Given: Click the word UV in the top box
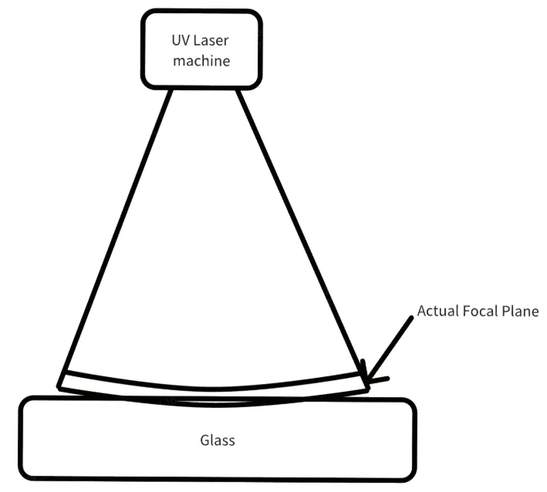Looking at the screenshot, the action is pos(181,41).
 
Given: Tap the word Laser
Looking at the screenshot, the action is pos(211,41).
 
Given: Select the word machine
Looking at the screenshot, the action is pos(201,61).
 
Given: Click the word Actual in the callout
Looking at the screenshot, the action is pos(437,311).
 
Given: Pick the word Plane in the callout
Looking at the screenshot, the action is pos(520,311).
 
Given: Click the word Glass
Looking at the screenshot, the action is pos(218,440).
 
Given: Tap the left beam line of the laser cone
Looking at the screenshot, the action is pos(115,238).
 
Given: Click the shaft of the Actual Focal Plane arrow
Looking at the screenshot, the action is pos(390,348).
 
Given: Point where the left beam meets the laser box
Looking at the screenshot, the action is pos(171,89).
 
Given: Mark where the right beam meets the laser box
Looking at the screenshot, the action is pos(238,89).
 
